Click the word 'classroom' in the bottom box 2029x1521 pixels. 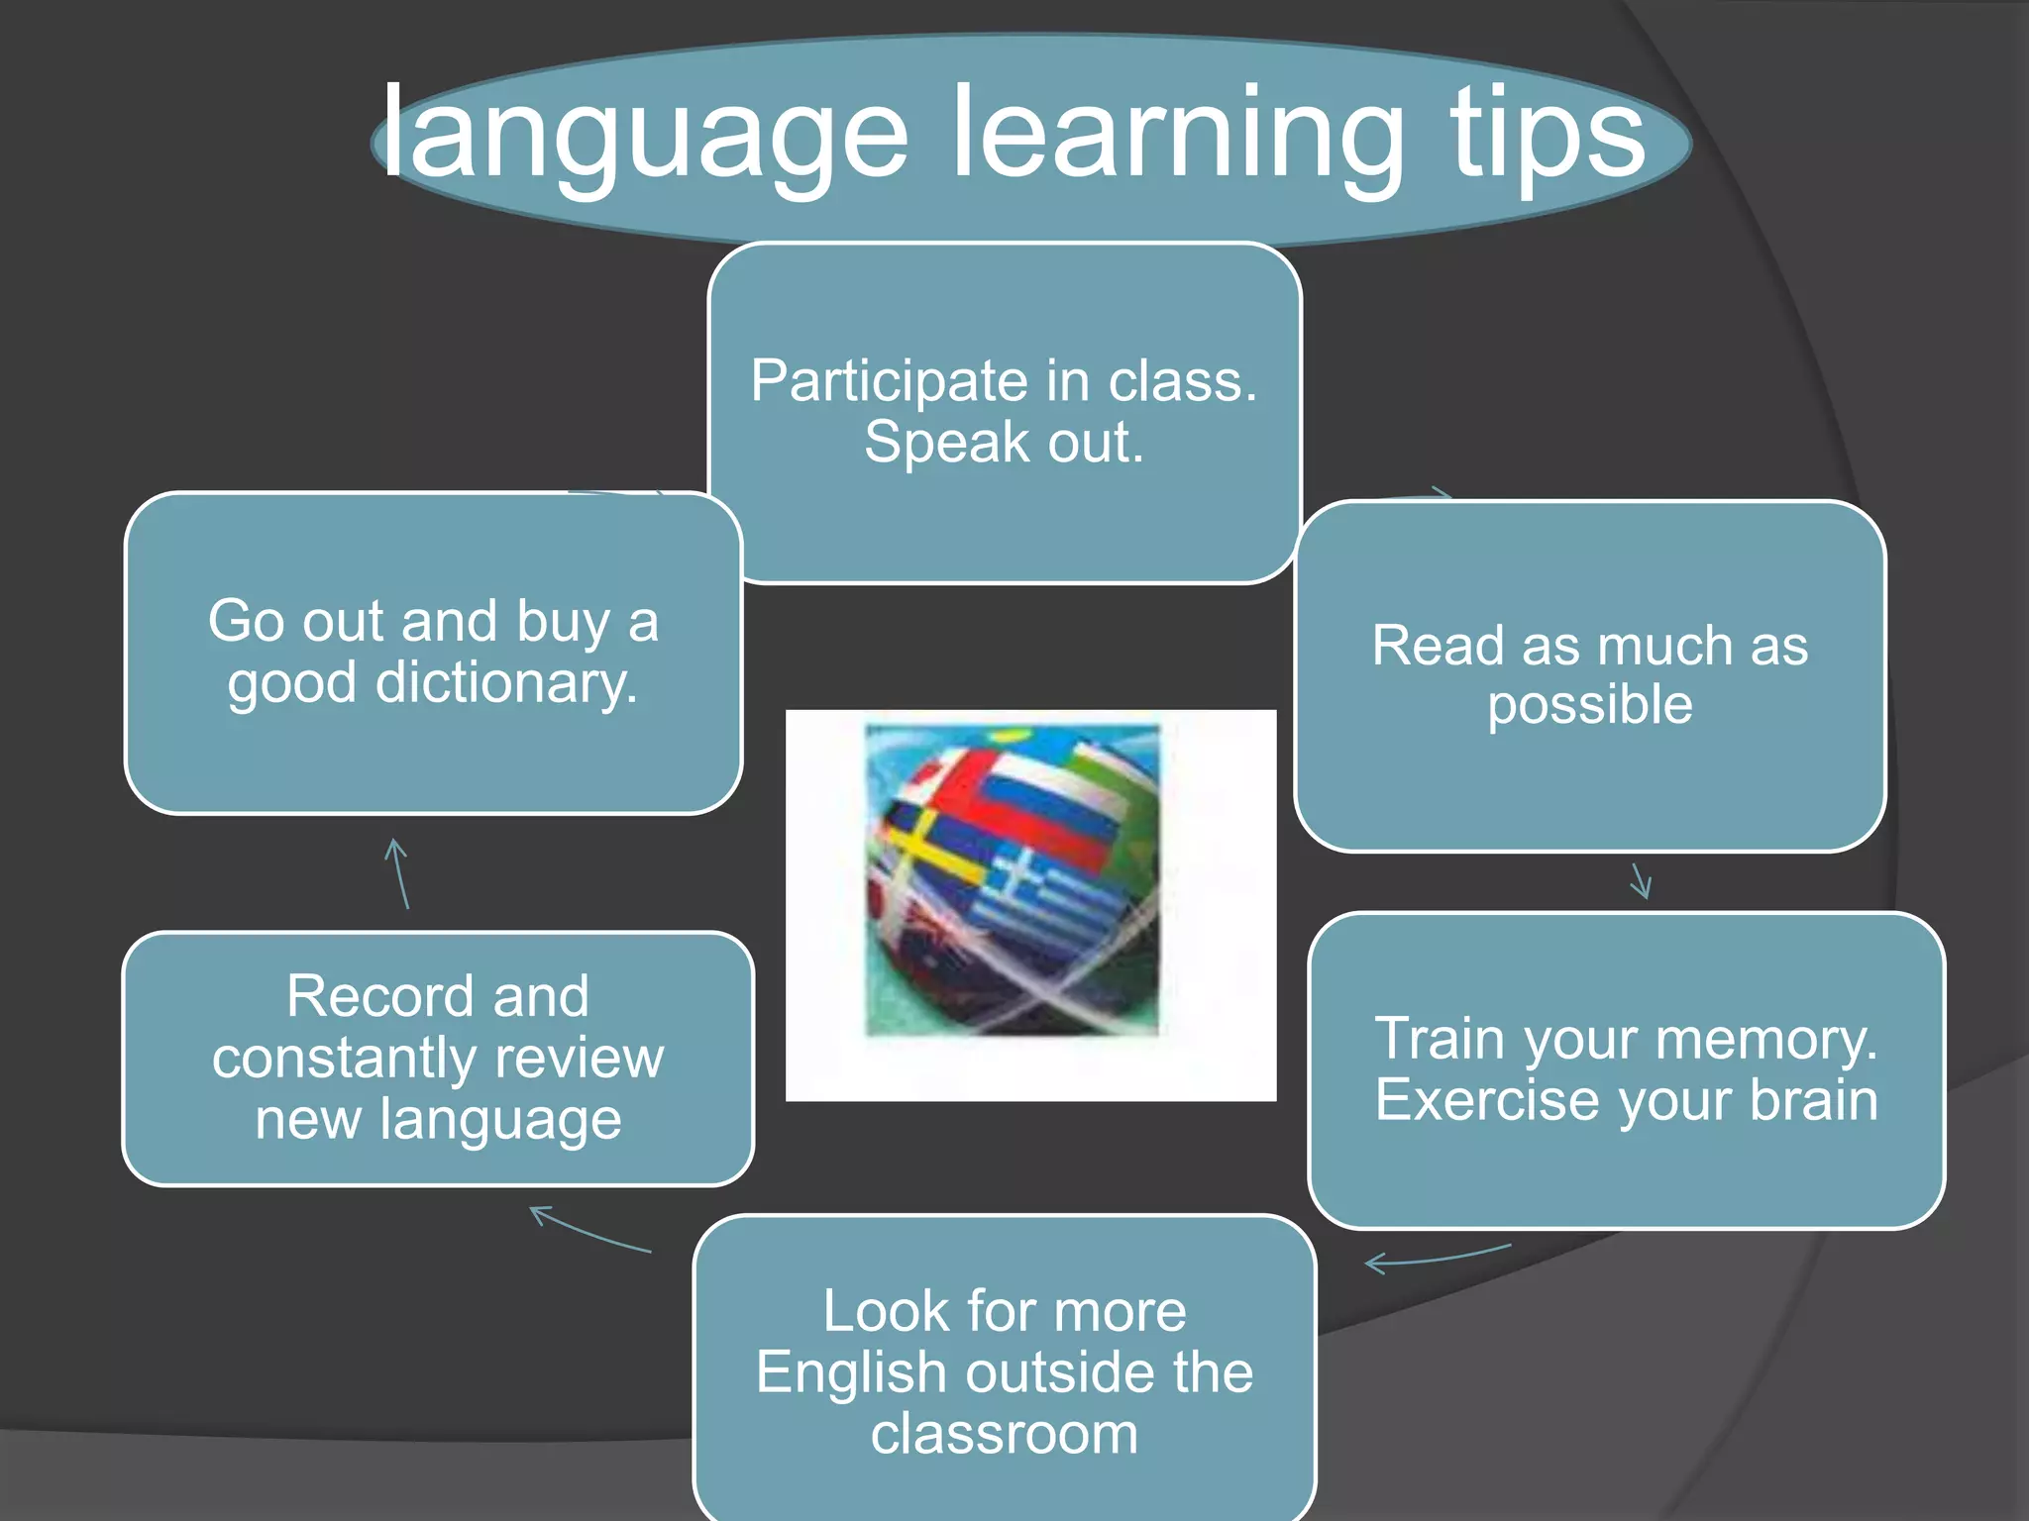click(1004, 1434)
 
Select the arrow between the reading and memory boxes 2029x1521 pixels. click(1641, 880)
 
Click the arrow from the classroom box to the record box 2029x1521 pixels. click(588, 1229)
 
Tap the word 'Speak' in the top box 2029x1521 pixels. click(945, 443)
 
